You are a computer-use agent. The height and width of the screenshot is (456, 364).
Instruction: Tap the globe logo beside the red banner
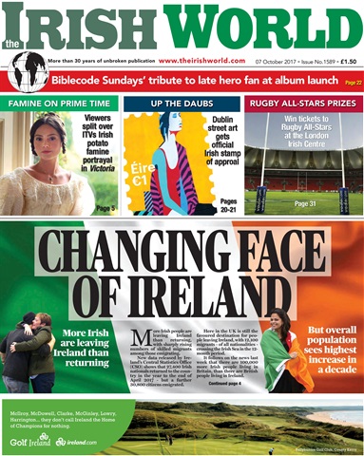point(25,69)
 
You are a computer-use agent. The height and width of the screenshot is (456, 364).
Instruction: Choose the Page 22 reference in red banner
point(352,83)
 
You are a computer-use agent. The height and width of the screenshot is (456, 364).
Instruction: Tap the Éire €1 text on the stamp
point(143,195)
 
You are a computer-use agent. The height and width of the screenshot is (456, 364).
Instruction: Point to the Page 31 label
point(306,204)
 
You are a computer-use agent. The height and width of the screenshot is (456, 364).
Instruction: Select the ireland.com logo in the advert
point(76,442)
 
